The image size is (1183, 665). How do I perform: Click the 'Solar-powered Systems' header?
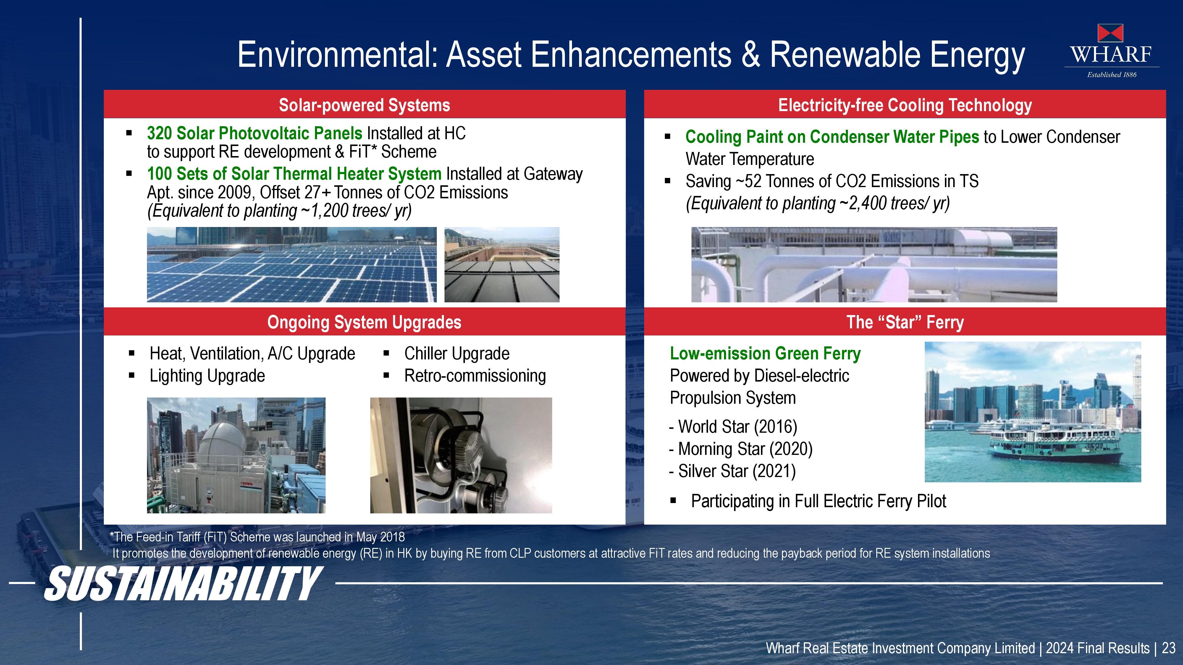point(365,105)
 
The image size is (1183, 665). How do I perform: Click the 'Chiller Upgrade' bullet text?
point(457,354)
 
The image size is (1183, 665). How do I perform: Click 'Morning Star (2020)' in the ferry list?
point(745,449)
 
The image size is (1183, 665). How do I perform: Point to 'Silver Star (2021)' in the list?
point(737,471)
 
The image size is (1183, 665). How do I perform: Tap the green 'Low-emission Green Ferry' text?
point(765,353)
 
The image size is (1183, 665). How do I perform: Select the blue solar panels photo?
point(292,264)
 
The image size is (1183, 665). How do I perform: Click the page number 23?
point(1168,648)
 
